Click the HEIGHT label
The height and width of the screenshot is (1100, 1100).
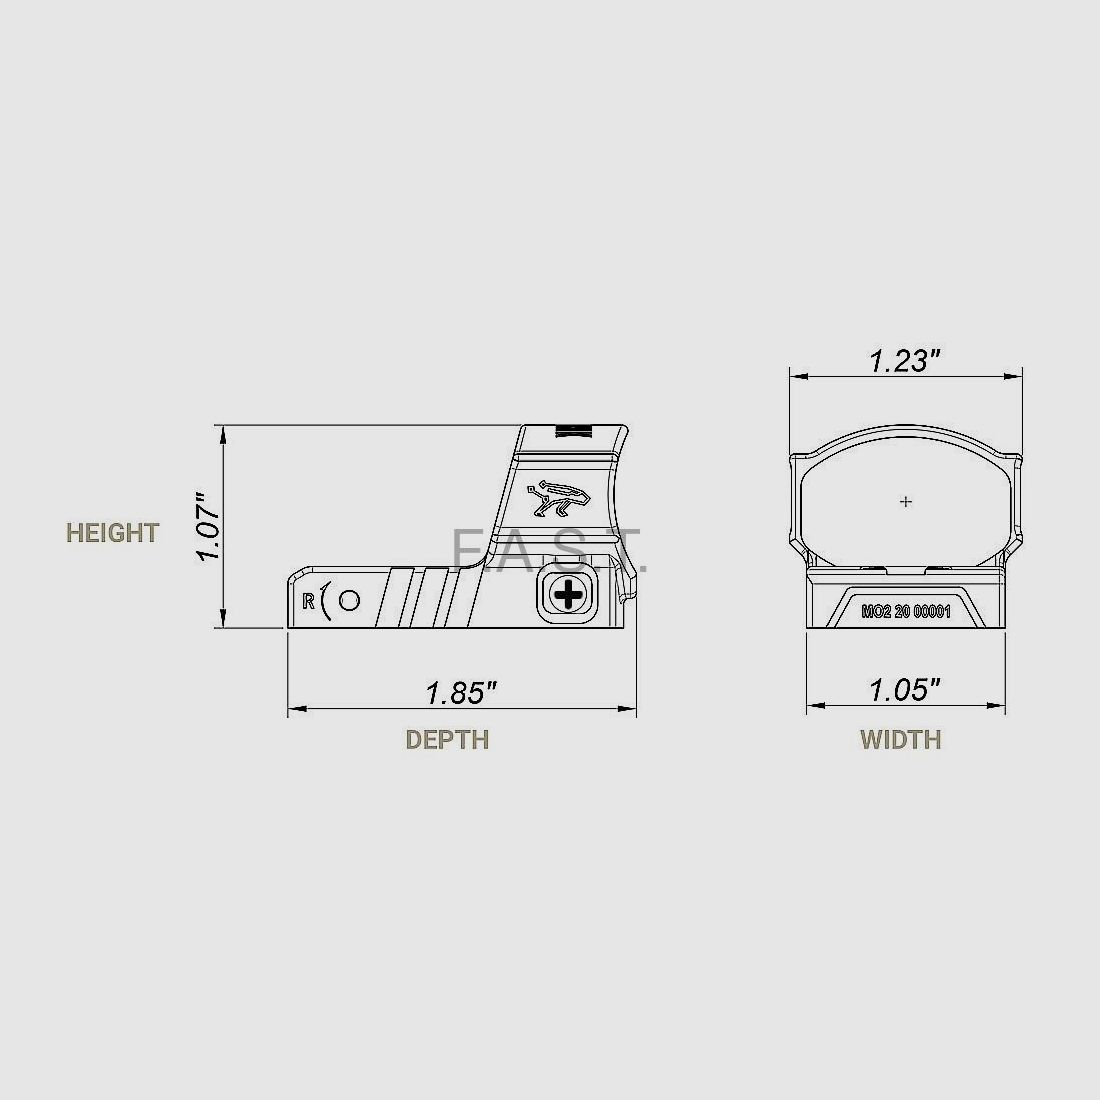112,533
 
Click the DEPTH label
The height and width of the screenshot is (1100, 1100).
447,740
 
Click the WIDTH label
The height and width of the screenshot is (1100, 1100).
900,740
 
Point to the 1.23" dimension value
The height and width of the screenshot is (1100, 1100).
905,362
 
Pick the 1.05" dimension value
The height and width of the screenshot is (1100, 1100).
905,690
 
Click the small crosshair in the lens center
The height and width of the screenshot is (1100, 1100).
906,501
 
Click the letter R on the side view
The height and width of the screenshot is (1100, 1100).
309,601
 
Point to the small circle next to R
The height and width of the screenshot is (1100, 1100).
349,600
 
